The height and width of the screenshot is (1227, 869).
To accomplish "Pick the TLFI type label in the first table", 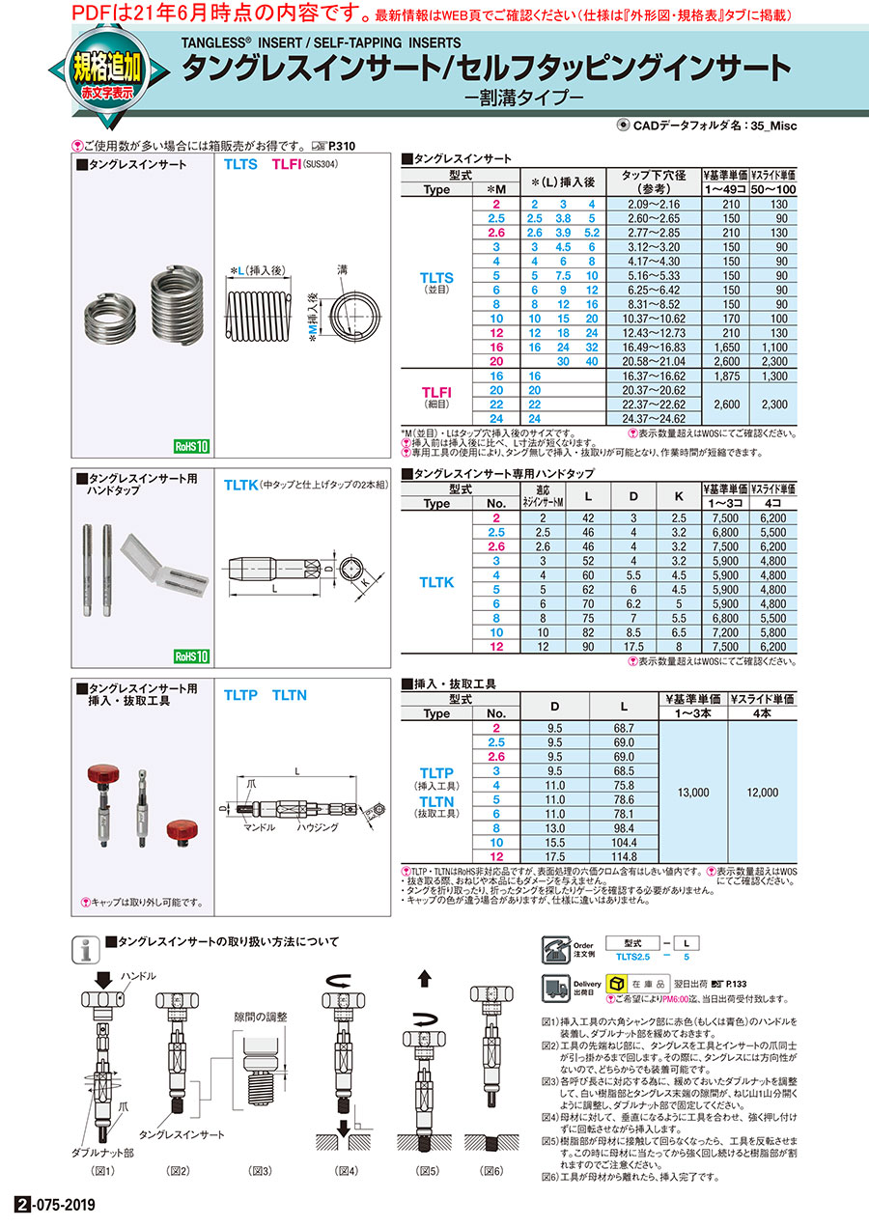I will click(x=436, y=391).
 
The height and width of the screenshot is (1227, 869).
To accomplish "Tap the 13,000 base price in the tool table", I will click(x=693, y=793).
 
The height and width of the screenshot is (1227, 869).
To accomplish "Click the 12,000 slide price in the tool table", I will click(x=762, y=793).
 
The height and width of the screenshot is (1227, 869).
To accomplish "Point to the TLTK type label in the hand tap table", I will click(x=436, y=582).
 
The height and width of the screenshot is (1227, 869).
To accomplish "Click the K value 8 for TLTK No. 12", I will click(x=679, y=647).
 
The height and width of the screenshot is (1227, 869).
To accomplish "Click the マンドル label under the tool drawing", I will click(x=262, y=828).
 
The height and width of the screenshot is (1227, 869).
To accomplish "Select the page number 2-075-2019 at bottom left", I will click(x=56, y=1207).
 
